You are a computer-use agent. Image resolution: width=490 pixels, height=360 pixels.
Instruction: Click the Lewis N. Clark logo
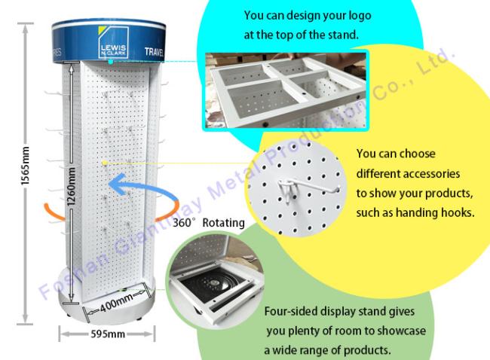pyautogui.click(x=113, y=42)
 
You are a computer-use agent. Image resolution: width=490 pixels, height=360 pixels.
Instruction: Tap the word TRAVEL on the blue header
pyautogui.click(x=154, y=51)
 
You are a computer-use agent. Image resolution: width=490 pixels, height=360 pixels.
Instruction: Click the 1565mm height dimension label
pyautogui.click(x=25, y=166)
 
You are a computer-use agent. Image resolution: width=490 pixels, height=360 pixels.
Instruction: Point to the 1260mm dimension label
pyautogui.click(x=71, y=186)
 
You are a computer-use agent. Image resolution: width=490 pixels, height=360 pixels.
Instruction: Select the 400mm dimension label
pyautogui.click(x=116, y=303)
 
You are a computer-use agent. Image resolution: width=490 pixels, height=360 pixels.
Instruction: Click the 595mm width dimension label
pyautogui.click(x=108, y=334)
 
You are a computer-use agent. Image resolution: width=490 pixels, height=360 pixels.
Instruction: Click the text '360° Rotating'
pyautogui.click(x=208, y=223)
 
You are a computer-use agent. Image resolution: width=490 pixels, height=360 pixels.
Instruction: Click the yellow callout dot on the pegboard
pyautogui.click(x=105, y=163)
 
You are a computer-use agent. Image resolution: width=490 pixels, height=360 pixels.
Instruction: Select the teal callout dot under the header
pyautogui.click(x=111, y=62)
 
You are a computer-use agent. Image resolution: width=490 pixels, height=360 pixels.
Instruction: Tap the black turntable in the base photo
pyautogui.click(x=216, y=283)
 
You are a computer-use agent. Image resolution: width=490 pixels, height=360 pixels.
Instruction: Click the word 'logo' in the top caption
pyautogui.click(x=359, y=17)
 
